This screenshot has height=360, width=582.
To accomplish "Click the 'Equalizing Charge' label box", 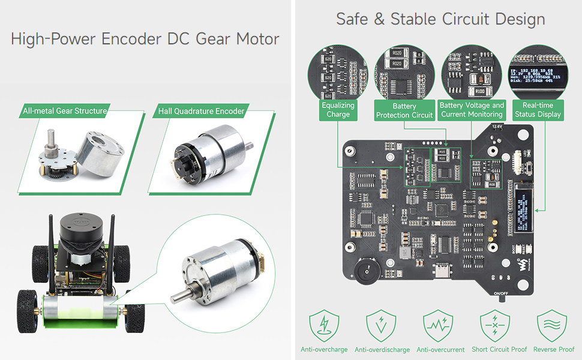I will tap(338, 109).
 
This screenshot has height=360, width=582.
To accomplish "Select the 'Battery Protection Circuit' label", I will tap(404, 110).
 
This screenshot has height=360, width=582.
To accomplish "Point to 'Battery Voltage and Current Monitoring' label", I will tap(472, 109).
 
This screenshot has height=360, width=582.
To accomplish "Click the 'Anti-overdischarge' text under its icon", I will tap(382, 350).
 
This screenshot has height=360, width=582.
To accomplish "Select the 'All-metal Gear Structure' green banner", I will tap(65, 111).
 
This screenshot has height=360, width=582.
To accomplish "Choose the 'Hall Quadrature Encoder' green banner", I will tap(201, 111).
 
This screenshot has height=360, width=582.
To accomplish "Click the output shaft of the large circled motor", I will tap(180, 296).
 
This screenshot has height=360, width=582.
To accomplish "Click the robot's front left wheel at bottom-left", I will tap(27, 309).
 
